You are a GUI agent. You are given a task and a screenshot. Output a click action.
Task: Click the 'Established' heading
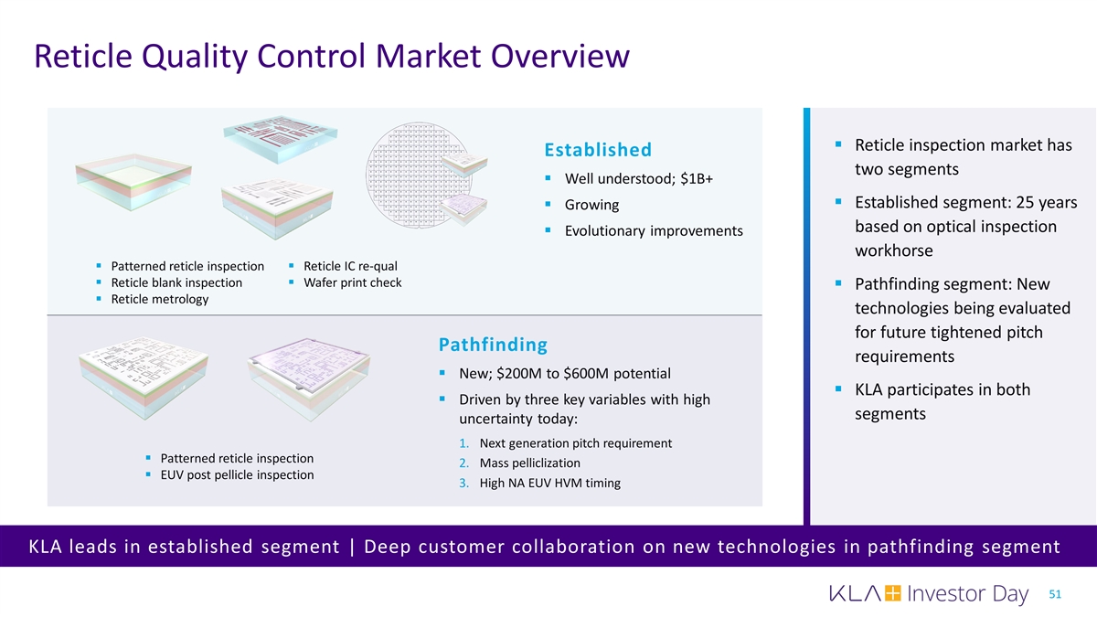pos(597,150)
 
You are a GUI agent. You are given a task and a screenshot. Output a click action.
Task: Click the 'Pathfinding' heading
pos(493,345)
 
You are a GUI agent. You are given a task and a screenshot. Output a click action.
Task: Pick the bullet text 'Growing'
pos(591,204)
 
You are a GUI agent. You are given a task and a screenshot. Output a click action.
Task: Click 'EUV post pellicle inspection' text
pos(237,475)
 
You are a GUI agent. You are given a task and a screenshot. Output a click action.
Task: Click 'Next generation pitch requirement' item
pos(575,443)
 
